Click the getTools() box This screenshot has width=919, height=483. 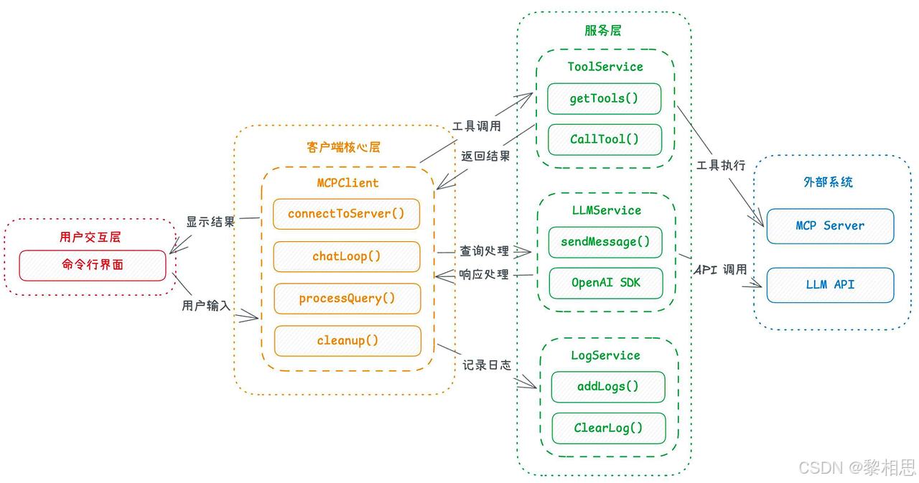click(604, 99)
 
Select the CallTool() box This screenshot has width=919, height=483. click(605, 139)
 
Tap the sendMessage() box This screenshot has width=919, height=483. click(605, 242)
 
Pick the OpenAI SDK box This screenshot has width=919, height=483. click(606, 283)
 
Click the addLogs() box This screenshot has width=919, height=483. click(608, 387)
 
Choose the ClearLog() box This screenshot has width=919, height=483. click(608, 428)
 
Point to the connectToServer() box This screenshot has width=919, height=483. click(346, 214)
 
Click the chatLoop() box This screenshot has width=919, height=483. click(347, 256)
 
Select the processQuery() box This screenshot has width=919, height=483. click(347, 299)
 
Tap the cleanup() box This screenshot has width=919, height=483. click(347, 341)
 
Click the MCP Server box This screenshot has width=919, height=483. click(830, 226)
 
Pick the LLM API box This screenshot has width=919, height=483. click(830, 285)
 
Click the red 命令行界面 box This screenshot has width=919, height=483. click(93, 266)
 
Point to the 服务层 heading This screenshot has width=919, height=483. click(602, 30)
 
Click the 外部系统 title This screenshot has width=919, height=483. click(828, 182)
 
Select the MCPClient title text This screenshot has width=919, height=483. click(347, 183)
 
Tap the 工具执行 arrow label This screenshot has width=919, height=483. click(721, 165)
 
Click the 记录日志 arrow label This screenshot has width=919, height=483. click(487, 365)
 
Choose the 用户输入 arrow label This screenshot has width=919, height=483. click(206, 306)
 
